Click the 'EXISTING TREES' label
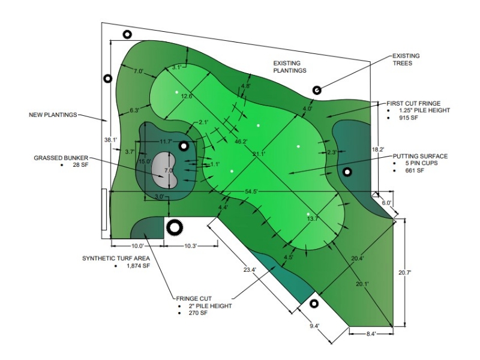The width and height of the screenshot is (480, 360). pos(406,59)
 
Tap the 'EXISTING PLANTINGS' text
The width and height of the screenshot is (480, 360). pos(290,66)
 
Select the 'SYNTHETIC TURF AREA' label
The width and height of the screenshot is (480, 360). pos(116,259)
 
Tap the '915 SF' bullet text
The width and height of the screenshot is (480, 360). pos(407,118)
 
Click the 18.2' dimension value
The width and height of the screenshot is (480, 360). pos(379,148)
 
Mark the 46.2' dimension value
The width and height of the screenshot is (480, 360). pos(241,142)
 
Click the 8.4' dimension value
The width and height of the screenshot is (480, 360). pos(373,334)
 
